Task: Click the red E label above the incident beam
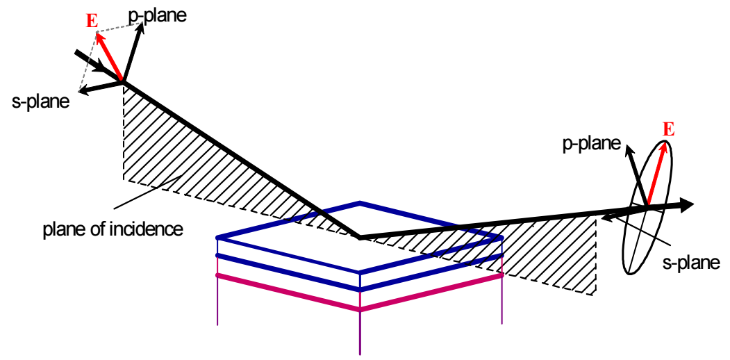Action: click(x=92, y=22)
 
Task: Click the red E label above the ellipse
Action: click(x=668, y=129)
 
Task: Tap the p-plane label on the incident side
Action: click(x=157, y=15)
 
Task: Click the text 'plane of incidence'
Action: click(x=112, y=229)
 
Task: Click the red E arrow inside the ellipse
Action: click(x=657, y=173)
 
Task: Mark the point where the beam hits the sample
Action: click(x=360, y=237)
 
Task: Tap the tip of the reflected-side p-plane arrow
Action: click(x=627, y=146)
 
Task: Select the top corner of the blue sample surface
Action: click(x=360, y=202)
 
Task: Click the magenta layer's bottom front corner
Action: click(x=360, y=309)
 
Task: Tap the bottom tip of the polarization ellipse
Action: click(x=629, y=273)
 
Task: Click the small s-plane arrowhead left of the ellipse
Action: click(x=605, y=217)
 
